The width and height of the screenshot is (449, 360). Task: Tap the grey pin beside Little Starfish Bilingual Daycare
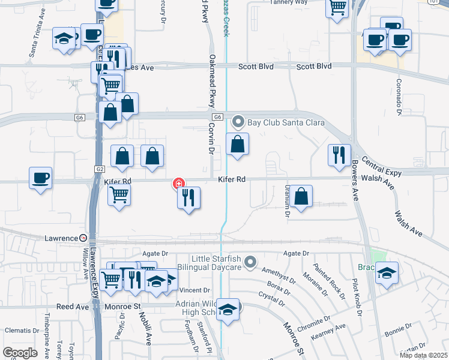(x=250, y=261)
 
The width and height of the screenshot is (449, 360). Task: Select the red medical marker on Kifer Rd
(x=178, y=183)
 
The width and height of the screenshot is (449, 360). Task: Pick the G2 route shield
(x=98, y=170)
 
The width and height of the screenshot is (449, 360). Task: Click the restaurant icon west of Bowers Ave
(x=339, y=155)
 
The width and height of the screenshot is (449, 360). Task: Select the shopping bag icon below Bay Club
(x=238, y=144)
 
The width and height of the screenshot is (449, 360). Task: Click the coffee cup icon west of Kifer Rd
(x=40, y=178)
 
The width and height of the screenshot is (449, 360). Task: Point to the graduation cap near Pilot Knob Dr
(x=387, y=274)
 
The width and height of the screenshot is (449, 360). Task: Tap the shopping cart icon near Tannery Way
(x=337, y=8)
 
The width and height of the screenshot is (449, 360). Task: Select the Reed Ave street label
(x=73, y=307)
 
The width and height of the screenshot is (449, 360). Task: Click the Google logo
(x=20, y=353)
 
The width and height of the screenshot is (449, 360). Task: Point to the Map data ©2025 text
(x=423, y=355)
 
